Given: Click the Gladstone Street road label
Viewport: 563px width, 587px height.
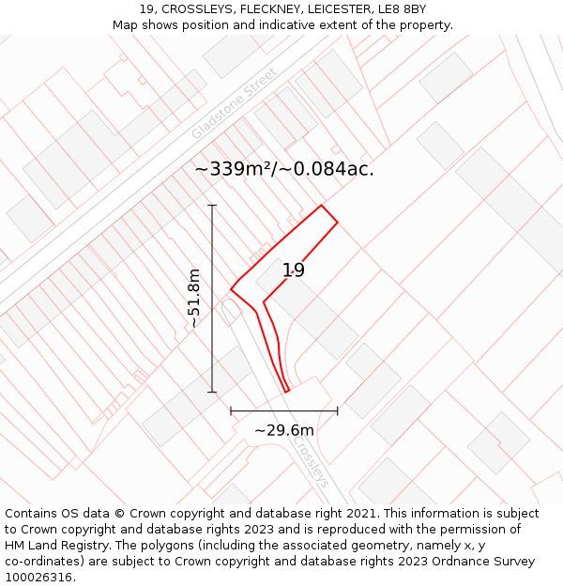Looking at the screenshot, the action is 235,103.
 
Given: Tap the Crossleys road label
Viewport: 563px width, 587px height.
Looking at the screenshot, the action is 310,461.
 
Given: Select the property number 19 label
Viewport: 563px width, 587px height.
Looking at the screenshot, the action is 294,270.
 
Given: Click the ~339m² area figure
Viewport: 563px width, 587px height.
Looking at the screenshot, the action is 232,169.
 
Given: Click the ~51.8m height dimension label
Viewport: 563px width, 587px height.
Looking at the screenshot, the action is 194,299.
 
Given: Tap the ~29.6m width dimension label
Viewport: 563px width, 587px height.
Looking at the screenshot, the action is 284,430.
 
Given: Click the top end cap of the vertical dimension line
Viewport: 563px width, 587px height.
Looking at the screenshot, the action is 212,205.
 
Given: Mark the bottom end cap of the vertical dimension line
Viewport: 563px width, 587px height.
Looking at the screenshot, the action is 212,392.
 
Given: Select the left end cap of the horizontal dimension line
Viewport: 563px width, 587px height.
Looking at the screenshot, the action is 231,410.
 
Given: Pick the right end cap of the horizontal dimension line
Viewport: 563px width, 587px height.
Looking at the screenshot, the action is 338,410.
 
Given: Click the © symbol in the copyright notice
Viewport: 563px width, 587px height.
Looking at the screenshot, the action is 119,513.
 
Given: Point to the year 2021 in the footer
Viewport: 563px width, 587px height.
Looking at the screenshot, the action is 361,513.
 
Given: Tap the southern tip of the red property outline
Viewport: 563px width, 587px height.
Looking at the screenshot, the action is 286,392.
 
